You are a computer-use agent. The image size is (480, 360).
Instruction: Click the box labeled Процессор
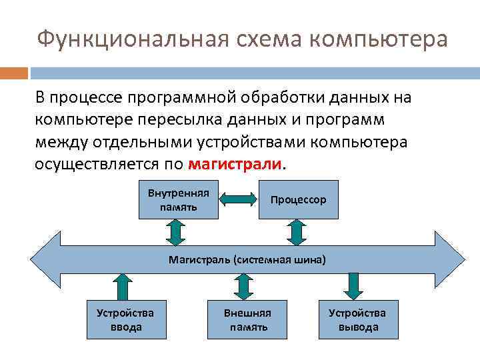click(x=298, y=199)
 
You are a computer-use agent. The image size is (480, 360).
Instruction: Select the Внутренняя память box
click(x=178, y=199)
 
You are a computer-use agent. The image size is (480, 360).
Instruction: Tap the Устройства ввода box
click(x=125, y=319)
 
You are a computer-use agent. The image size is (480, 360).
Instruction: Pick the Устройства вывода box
click(x=358, y=319)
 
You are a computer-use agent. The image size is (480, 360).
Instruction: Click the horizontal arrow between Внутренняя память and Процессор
click(x=238, y=199)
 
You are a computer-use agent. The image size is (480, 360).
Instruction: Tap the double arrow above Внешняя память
click(x=243, y=285)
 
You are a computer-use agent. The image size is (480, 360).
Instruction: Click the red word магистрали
click(x=236, y=163)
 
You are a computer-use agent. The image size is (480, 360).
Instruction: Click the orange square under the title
click(x=14, y=73)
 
